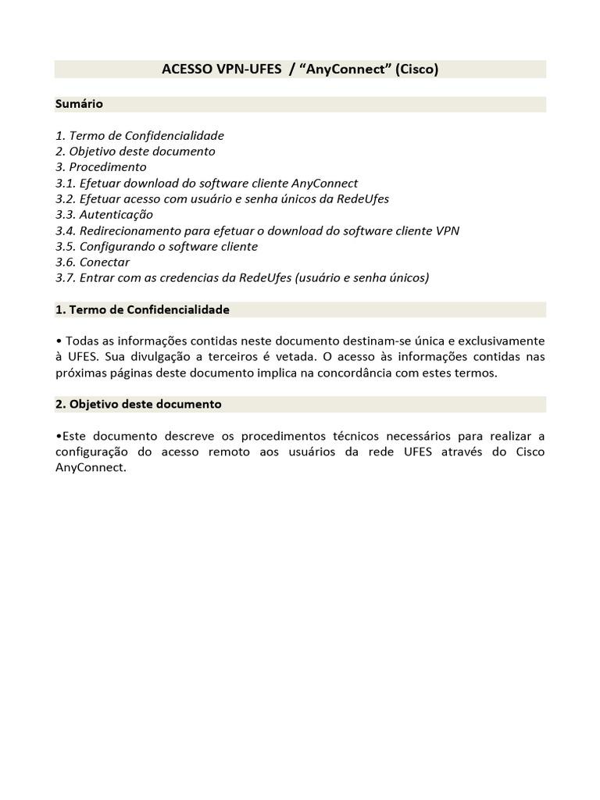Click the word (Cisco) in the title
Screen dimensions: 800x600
click(x=416, y=70)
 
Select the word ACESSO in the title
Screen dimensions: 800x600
click(x=187, y=70)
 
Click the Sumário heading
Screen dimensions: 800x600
click(x=79, y=103)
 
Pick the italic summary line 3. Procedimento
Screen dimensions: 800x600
click(x=101, y=167)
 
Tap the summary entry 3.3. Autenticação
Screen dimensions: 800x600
click(x=105, y=215)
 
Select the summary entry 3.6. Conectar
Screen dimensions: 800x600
click(x=93, y=262)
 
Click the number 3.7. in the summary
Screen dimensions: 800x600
click(x=66, y=278)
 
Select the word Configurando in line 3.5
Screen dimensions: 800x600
click(x=116, y=247)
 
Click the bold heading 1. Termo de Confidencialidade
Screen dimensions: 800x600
click(x=142, y=309)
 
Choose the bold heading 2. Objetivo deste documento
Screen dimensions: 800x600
click(x=138, y=404)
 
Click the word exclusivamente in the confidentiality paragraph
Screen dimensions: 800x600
click(x=498, y=341)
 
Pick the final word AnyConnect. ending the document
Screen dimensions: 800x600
click(x=90, y=468)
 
